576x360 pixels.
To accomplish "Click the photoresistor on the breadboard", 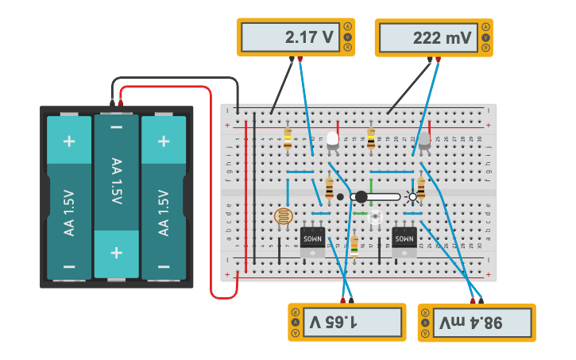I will pos(282,216).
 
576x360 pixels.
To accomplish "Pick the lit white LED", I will pos(332,141).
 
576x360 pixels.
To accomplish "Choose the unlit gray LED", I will pos(424,141).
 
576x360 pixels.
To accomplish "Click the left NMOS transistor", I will pos(312,238).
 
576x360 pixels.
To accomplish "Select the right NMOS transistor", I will pos(404,238).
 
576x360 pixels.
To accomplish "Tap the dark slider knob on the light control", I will pos(361,196).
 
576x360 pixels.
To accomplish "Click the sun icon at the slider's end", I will pos(411,197).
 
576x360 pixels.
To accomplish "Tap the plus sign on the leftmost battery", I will pos(69,141).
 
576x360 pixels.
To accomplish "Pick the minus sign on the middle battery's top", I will pos(117,127).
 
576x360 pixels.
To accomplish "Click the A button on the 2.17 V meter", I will pos(347,26).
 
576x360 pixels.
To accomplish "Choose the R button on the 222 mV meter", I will pos(485,48).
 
